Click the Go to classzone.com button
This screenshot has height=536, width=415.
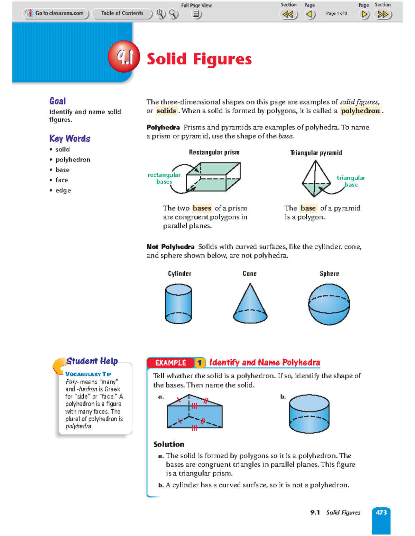(56, 13)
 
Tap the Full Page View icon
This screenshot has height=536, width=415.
(196, 14)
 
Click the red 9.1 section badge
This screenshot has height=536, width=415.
(124, 57)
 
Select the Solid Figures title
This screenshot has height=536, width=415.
(199, 59)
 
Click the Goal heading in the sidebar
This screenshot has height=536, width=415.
(57, 101)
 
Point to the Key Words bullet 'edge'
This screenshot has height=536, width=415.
(63, 190)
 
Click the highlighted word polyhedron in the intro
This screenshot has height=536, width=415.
(360, 111)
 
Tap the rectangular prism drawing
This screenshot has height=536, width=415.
(213, 177)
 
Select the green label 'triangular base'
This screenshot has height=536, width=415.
(351, 181)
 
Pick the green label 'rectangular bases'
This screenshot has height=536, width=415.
(164, 178)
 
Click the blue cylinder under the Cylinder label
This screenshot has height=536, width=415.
(178, 304)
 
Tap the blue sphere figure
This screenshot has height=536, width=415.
(329, 304)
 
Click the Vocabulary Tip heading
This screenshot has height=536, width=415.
(88, 374)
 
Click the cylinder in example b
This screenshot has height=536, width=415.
(309, 414)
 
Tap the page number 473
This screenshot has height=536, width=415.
(381, 513)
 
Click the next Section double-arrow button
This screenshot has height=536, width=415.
(383, 14)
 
